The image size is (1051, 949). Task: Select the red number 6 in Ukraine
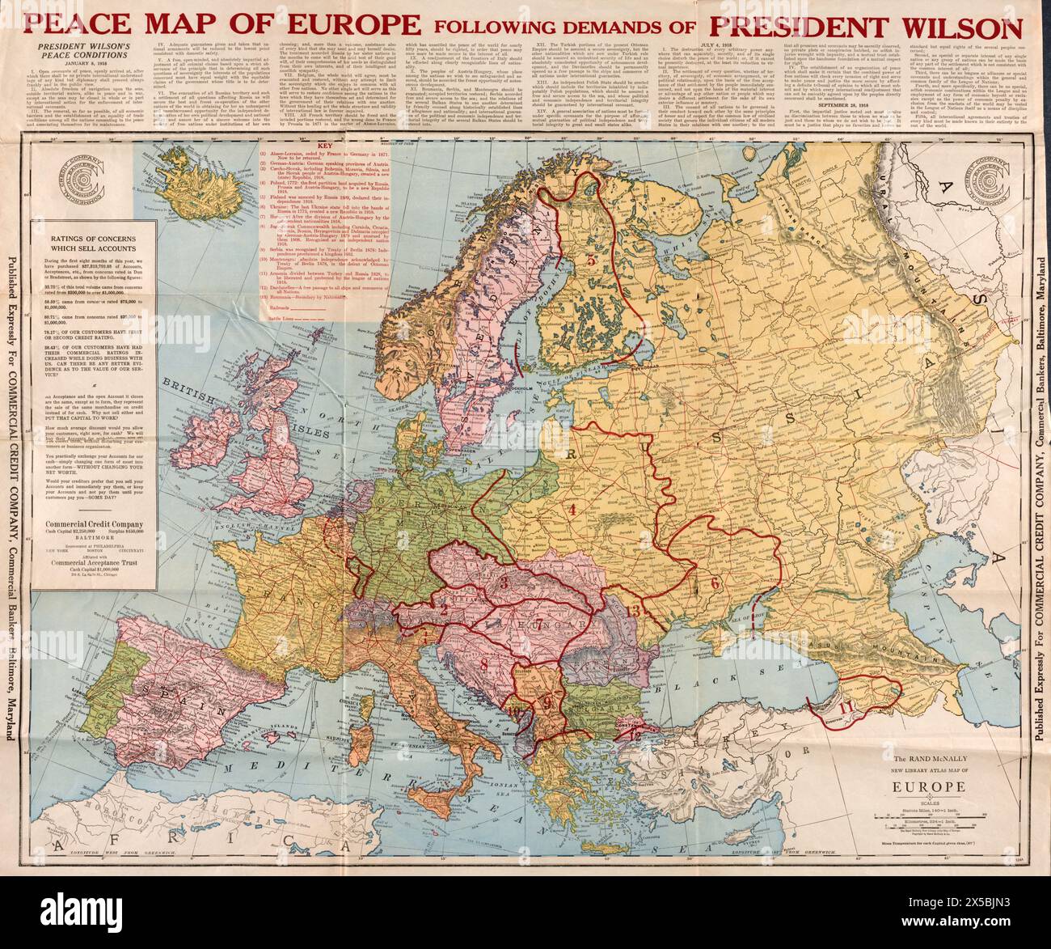(x=715, y=582)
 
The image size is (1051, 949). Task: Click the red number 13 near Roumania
(x=635, y=611)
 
